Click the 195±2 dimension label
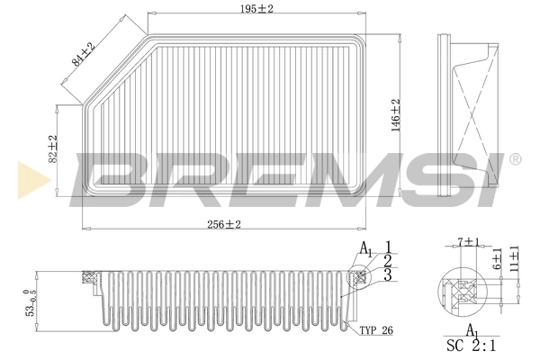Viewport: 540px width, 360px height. (x=238, y=8)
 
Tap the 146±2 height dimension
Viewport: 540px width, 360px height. (x=395, y=114)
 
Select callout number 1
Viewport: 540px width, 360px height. (x=386, y=247)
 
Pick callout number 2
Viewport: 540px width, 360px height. (x=386, y=260)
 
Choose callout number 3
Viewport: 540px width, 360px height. (x=386, y=274)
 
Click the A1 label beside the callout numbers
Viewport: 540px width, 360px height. (x=364, y=248)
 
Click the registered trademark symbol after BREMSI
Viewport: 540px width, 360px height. (x=515, y=160)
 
